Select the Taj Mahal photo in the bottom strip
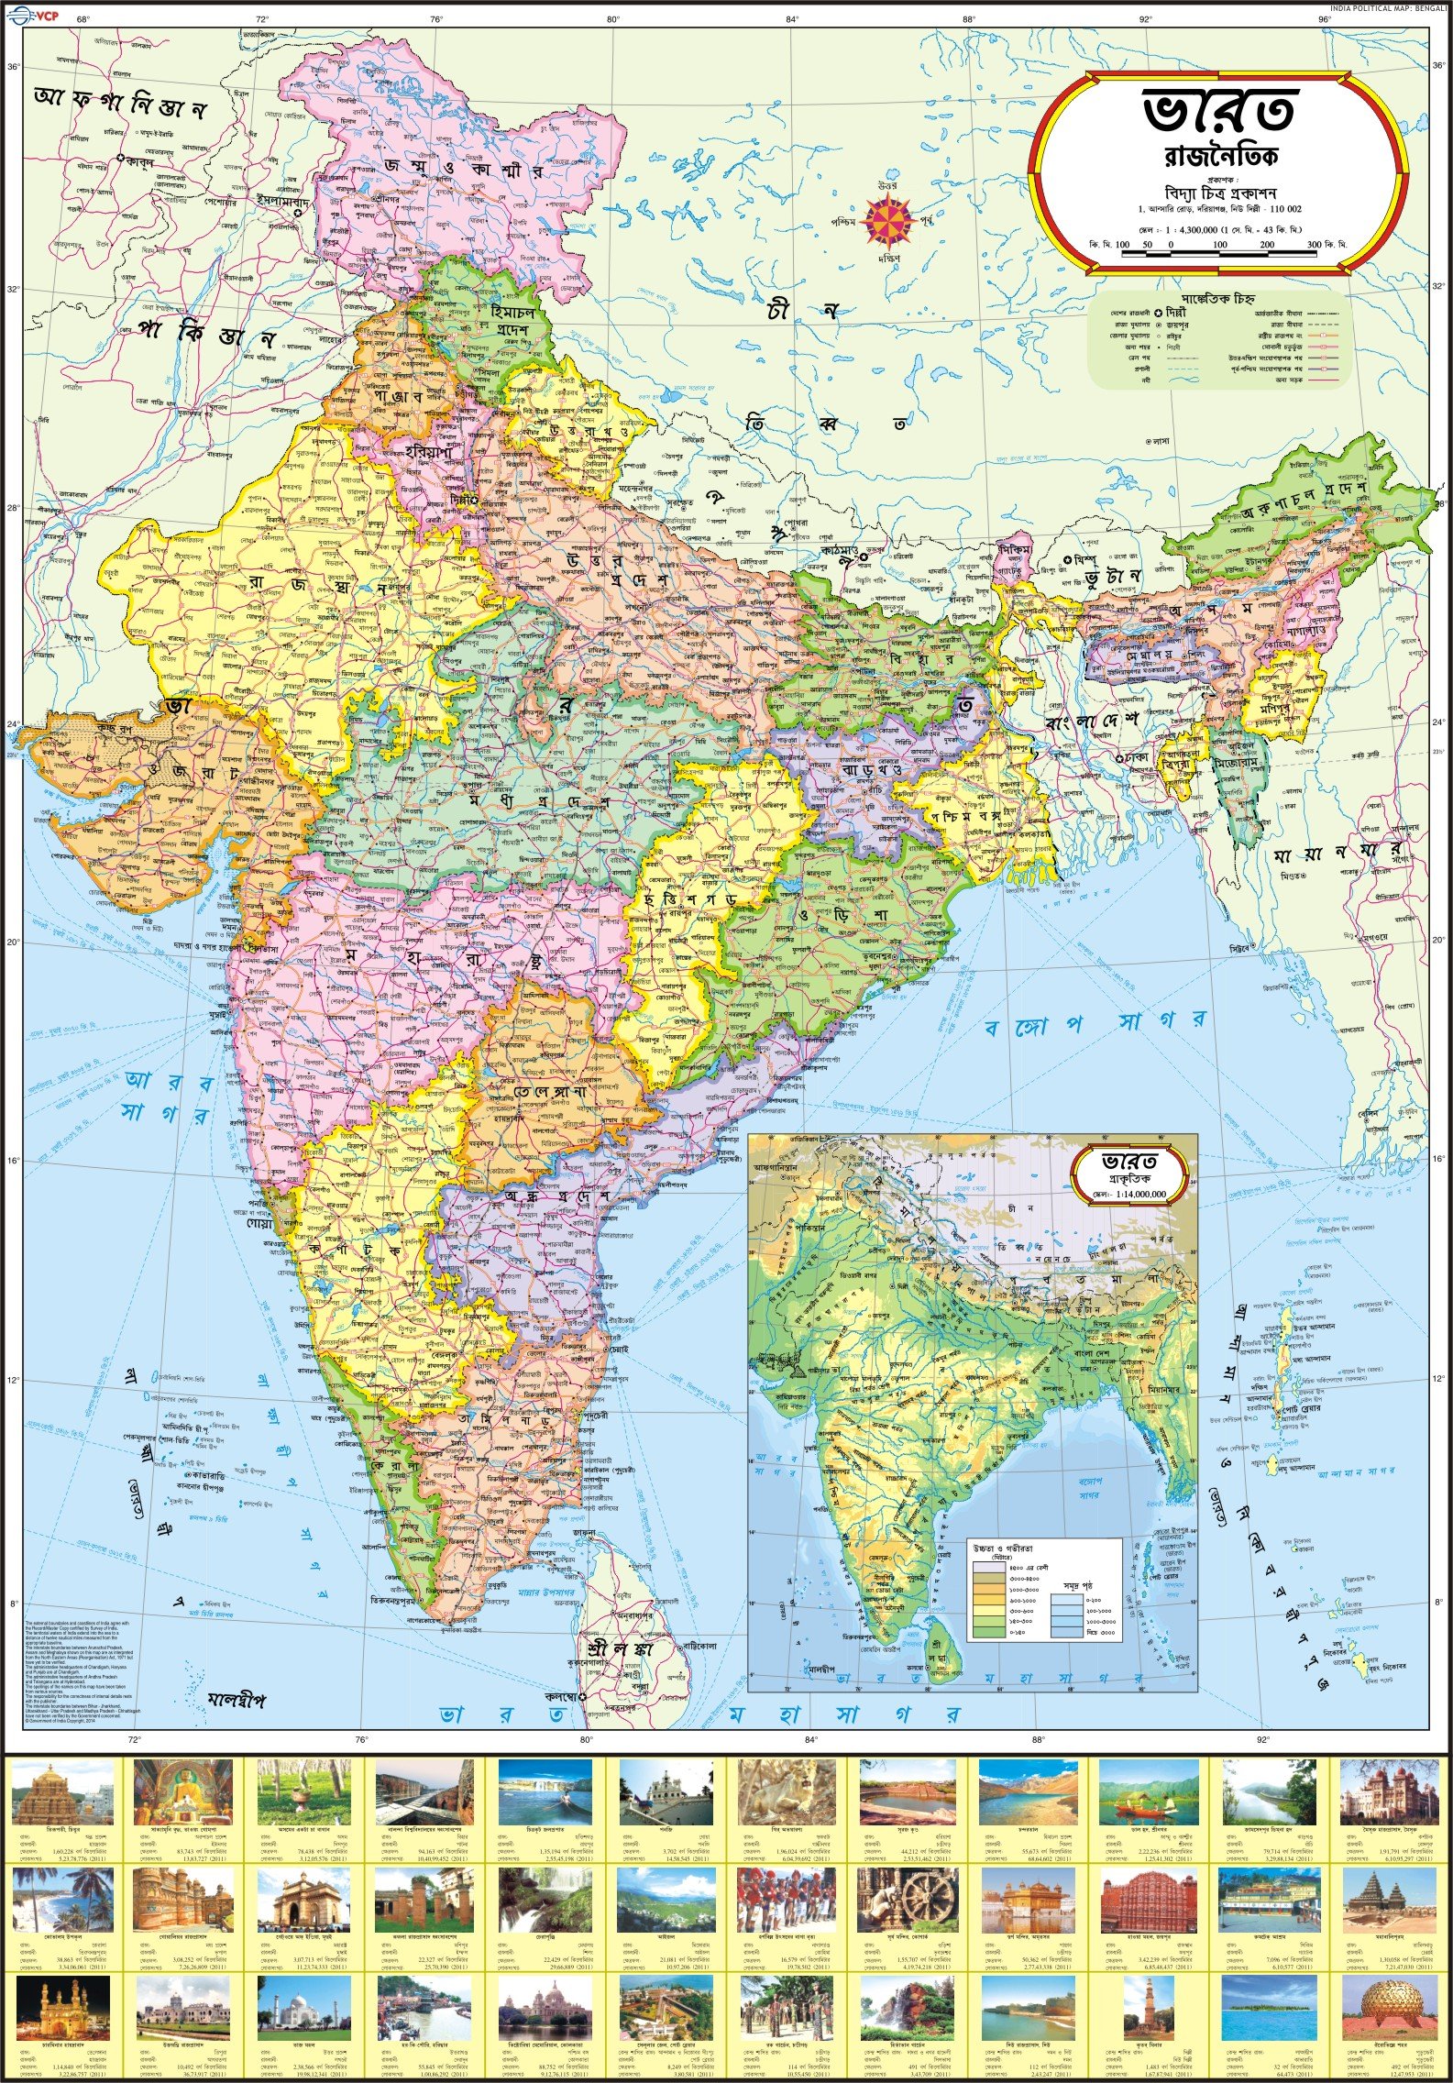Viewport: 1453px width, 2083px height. click(x=303, y=2007)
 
